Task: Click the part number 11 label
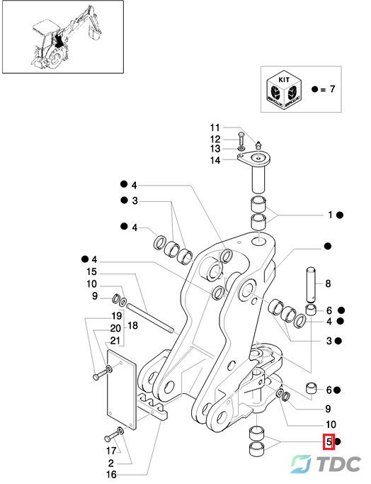click(x=215, y=128)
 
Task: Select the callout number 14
click(x=215, y=160)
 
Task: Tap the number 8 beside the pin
click(x=328, y=283)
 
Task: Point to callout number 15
click(x=91, y=271)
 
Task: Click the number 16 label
click(x=111, y=474)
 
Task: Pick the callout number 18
click(x=132, y=325)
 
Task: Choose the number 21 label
click(x=115, y=340)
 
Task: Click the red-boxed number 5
click(x=329, y=441)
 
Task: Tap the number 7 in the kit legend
click(x=332, y=89)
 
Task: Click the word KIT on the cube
click(x=284, y=79)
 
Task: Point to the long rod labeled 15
click(x=150, y=318)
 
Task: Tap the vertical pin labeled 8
click(x=311, y=284)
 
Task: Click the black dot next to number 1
click(x=340, y=215)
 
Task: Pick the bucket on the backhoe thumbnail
click(x=94, y=31)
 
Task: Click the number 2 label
click(x=111, y=463)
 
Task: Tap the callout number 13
click(x=215, y=149)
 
